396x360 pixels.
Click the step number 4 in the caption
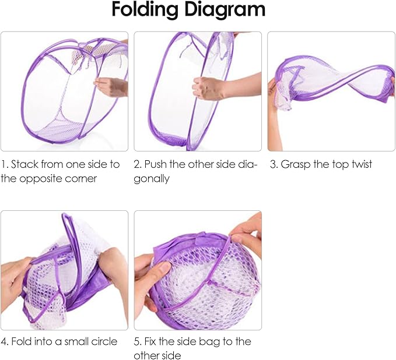(4, 341)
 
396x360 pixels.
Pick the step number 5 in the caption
(138, 341)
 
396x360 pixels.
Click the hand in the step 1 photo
(111, 87)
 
